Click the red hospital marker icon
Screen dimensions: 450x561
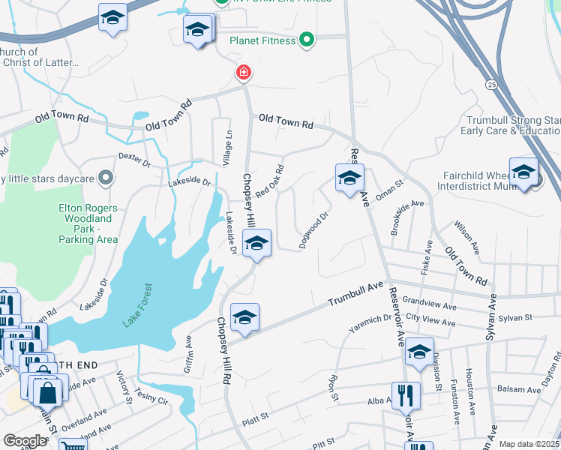(243, 73)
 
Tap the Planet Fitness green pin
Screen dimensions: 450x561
(305, 40)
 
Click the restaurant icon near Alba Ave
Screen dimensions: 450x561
(405, 394)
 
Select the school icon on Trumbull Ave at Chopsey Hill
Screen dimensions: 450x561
(244, 317)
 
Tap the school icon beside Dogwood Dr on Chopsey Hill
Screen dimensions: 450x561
(256, 244)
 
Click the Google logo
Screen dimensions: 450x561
(25, 441)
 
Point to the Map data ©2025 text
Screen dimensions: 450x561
(529, 444)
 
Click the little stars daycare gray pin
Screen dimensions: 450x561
(106, 178)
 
